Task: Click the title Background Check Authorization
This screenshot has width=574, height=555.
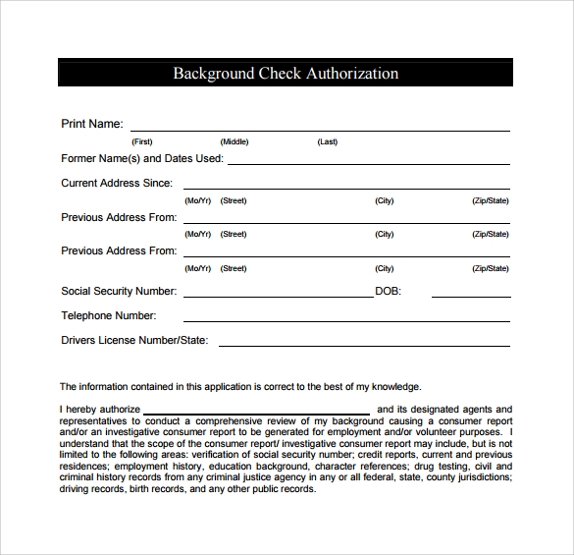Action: (x=286, y=74)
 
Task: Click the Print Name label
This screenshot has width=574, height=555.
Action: (x=92, y=124)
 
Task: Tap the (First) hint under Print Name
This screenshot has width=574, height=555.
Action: (x=142, y=142)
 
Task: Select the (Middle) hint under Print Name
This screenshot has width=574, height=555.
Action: (x=235, y=142)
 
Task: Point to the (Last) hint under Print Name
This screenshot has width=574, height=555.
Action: (x=327, y=142)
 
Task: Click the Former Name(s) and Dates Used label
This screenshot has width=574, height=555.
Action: (x=142, y=158)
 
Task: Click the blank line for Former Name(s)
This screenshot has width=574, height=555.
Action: (x=368, y=161)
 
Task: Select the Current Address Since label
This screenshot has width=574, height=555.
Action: (x=117, y=183)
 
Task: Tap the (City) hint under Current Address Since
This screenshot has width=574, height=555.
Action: (x=384, y=200)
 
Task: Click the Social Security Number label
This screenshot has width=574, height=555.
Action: (x=119, y=291)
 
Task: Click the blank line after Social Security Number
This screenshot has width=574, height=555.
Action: (x=277, y=294)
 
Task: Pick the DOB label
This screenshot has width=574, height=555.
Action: (x=388, y=291)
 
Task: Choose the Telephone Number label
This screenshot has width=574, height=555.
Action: (x=109, y=316)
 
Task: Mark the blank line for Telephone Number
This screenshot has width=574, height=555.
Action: (x=346, y=319)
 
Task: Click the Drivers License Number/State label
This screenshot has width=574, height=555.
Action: (x=135, y=341)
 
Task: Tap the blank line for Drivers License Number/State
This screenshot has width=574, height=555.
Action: (x=363, y=344)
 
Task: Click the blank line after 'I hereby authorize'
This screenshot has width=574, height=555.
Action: (x=257, y=412)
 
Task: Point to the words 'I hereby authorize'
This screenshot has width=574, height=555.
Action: (x=100, y=410)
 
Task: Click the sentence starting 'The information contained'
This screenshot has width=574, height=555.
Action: (x=240, y=386)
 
